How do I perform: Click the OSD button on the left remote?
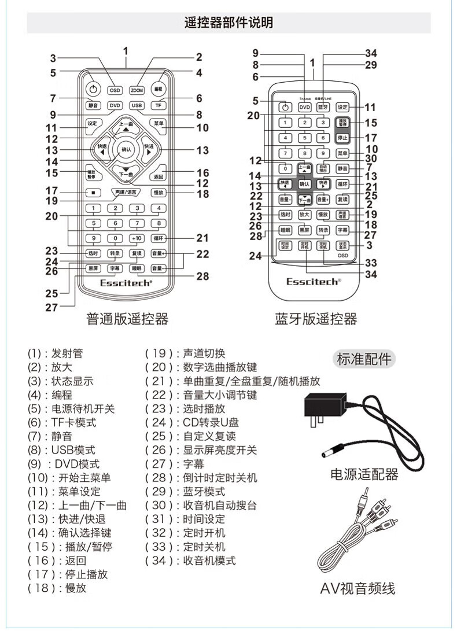(116, 90)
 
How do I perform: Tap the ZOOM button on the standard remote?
(137, 90)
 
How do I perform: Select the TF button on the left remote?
(158, 105)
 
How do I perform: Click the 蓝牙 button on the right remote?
(323, 106)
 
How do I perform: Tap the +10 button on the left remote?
(137, 238)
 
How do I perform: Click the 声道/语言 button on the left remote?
(126, 191)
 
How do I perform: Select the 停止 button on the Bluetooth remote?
(342, 138)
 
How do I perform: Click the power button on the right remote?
(284, 106)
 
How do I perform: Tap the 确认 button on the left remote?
(126, 150)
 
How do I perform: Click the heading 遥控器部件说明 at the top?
(228, 23)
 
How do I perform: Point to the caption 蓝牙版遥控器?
(316, 319)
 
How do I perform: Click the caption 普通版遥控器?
(127, 319)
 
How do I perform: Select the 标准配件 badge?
(364, 359)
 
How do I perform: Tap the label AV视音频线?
(358, 589)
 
